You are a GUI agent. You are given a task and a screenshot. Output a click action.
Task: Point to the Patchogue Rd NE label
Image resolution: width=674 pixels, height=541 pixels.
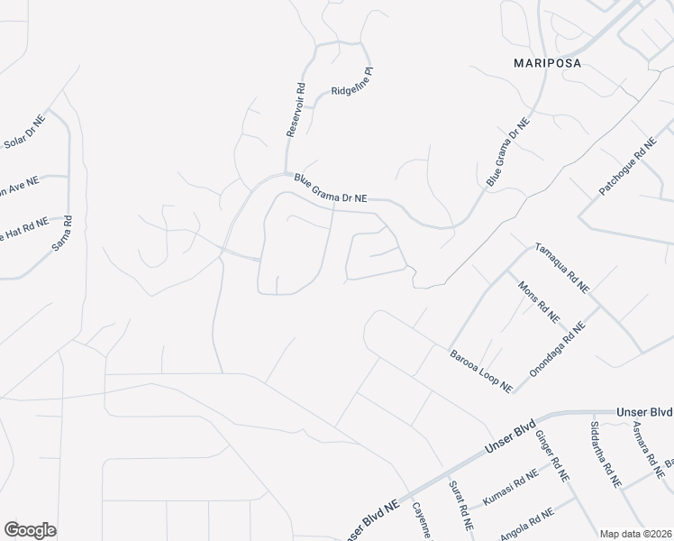click(628, 168)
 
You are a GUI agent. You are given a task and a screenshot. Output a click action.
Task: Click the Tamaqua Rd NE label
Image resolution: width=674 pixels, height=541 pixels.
click(561, 269)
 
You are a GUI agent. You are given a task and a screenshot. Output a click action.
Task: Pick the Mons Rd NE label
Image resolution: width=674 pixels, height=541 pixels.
click(539, 302)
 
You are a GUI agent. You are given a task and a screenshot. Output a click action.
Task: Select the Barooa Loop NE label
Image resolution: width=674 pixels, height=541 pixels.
click(481, 372)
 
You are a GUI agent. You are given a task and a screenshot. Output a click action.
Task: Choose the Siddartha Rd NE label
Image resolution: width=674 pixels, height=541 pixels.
click(605, 454)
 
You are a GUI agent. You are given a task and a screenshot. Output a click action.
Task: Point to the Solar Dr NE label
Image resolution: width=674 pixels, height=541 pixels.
click(23, 137)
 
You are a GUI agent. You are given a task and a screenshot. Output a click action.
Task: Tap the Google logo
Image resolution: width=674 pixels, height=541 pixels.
click(30, 530)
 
